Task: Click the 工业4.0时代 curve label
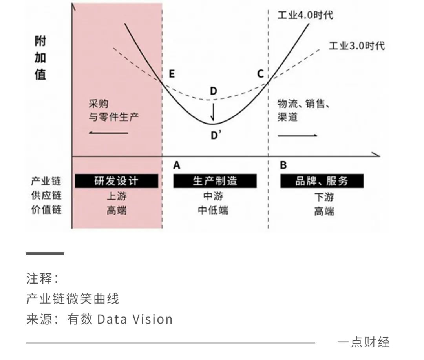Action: click(x=305, y=15)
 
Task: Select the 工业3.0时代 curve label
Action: click(x=356, y=45)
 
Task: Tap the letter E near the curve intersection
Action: click(x=172, y=74)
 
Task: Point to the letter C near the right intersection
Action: click(x=260, y=74)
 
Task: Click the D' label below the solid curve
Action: click(x=216, y=135)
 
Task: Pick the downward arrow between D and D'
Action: click(x=213, y=111)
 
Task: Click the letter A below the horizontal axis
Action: click(x=177, y=165)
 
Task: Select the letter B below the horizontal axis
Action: click(x=283, y=165)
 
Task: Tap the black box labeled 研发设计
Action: click(x=117, y=181)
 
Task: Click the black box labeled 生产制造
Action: click(x=215, y=181)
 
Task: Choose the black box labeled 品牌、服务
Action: click(x=322, y=181)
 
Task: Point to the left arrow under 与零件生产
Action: click(x=108, y=133)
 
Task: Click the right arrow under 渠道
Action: click(x=298, y=135)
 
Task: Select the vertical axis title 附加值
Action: click(x=40, y=58)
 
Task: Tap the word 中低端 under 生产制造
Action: click(x=213, y=210)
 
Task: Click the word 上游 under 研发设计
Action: click(x=117, y=196)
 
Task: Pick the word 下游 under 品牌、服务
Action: click(x=324, y=197)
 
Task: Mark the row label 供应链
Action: click(x=46, y=195)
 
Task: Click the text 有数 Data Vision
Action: click(x=120, y=319)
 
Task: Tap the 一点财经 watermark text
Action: click(x=364, y=342)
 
